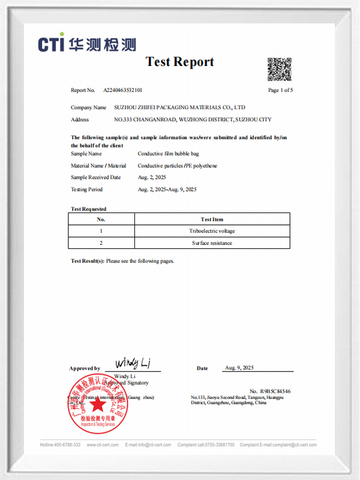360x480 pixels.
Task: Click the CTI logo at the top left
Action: point(87,43)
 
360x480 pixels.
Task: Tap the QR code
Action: point(280,70)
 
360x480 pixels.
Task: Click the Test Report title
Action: point(179,62)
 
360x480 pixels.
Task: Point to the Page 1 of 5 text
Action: point(280,90)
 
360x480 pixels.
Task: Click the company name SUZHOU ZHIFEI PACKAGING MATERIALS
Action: point(179,107)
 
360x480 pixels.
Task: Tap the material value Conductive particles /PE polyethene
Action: point(178,166)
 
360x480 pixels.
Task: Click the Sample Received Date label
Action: point(95,178)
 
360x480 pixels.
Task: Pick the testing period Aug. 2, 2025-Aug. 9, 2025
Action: point(167,190)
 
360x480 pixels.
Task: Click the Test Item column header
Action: point(212,219)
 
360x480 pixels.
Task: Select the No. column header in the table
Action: point(101,219)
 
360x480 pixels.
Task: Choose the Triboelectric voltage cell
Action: point(212,231)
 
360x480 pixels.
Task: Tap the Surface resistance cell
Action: point(212,243)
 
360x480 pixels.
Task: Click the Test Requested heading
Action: point(89,209)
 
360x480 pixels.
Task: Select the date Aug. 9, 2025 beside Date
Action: point(239,367)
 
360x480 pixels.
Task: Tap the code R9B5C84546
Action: point(275,391)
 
